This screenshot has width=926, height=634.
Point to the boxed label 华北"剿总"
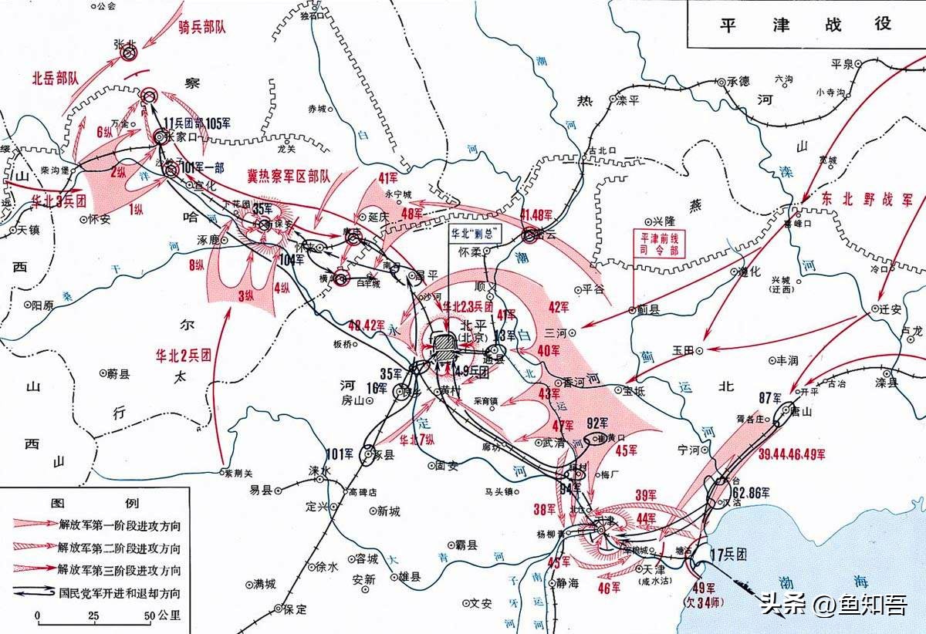pyautogui.click(x=471, y=232)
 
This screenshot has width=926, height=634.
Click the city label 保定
pyautogui.click(x=294, y=609)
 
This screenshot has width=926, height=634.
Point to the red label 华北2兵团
pyautogui.click(x=183, y=356)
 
